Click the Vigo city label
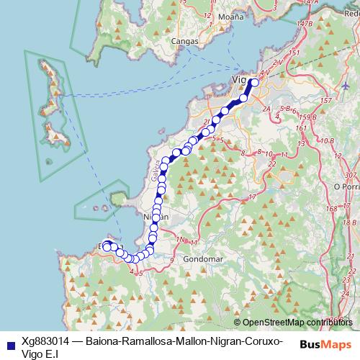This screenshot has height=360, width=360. (x=239, y=79)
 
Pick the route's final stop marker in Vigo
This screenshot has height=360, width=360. (x=254, y=82)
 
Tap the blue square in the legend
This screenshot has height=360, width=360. (x=8, y=342)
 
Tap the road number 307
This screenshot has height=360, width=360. (x=351, y=175)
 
